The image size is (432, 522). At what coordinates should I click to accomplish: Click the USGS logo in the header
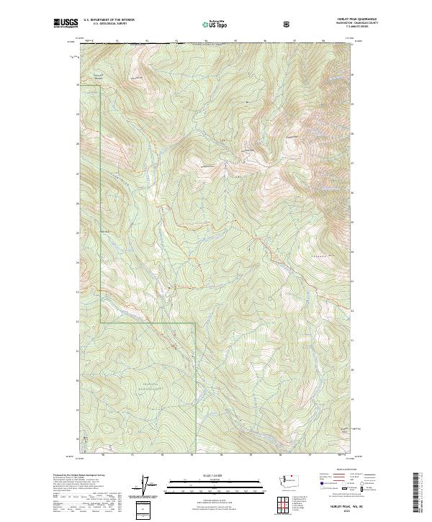coord(66,23)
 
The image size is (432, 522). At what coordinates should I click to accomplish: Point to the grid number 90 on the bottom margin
coord(104,455)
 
